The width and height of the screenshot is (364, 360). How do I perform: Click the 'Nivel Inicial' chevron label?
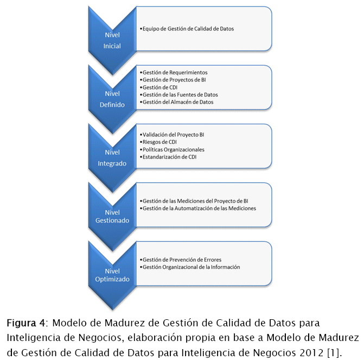point(112,40)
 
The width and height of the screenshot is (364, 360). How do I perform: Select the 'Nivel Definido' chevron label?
point(112,99)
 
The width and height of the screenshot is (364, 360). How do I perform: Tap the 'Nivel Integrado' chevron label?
point(112,158)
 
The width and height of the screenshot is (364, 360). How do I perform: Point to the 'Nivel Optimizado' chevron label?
point(112,275)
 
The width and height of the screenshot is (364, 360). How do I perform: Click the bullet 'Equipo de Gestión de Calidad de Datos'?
point(188,28)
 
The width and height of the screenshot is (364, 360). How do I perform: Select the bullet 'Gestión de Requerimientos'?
point(175,72)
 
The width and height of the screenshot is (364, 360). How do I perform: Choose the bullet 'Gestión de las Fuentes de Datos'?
point(180,94)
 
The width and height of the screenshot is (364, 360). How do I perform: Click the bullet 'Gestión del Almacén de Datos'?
point(178,102)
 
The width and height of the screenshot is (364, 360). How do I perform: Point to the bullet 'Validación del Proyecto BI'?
point(173,134)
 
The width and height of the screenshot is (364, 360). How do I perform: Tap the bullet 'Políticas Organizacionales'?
point(174,149)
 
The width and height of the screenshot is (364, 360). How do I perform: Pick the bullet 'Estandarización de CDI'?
point(169,157)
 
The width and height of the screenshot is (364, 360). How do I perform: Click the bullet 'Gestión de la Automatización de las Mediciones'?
point(199,208)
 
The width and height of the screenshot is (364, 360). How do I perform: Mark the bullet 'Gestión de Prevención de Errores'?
point(182,260)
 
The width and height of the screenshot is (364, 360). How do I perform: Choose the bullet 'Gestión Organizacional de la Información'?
point(191,267)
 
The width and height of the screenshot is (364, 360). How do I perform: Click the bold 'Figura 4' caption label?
point(22,324)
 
